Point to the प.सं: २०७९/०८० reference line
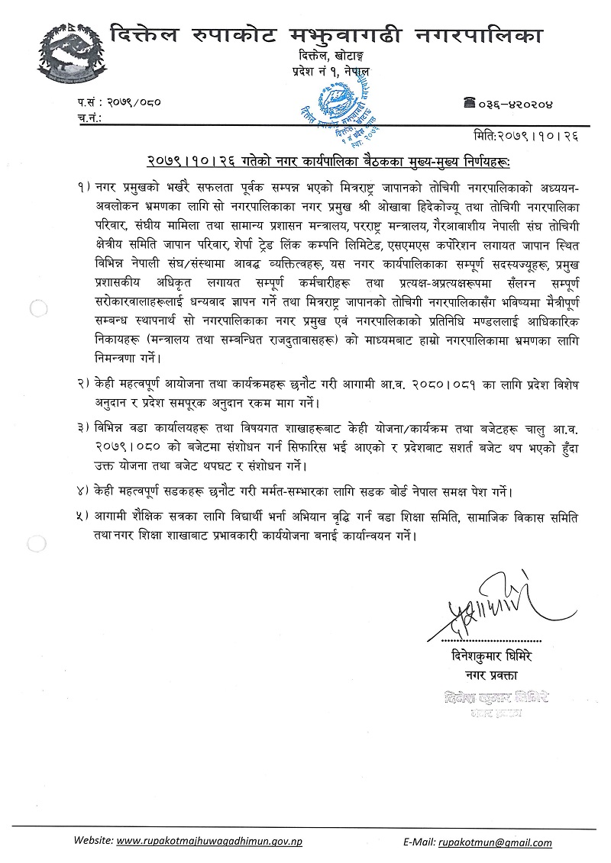click(x=120, y=102)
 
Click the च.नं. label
click(x=91, y=118)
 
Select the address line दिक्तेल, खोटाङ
click(x=335, y=57)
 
